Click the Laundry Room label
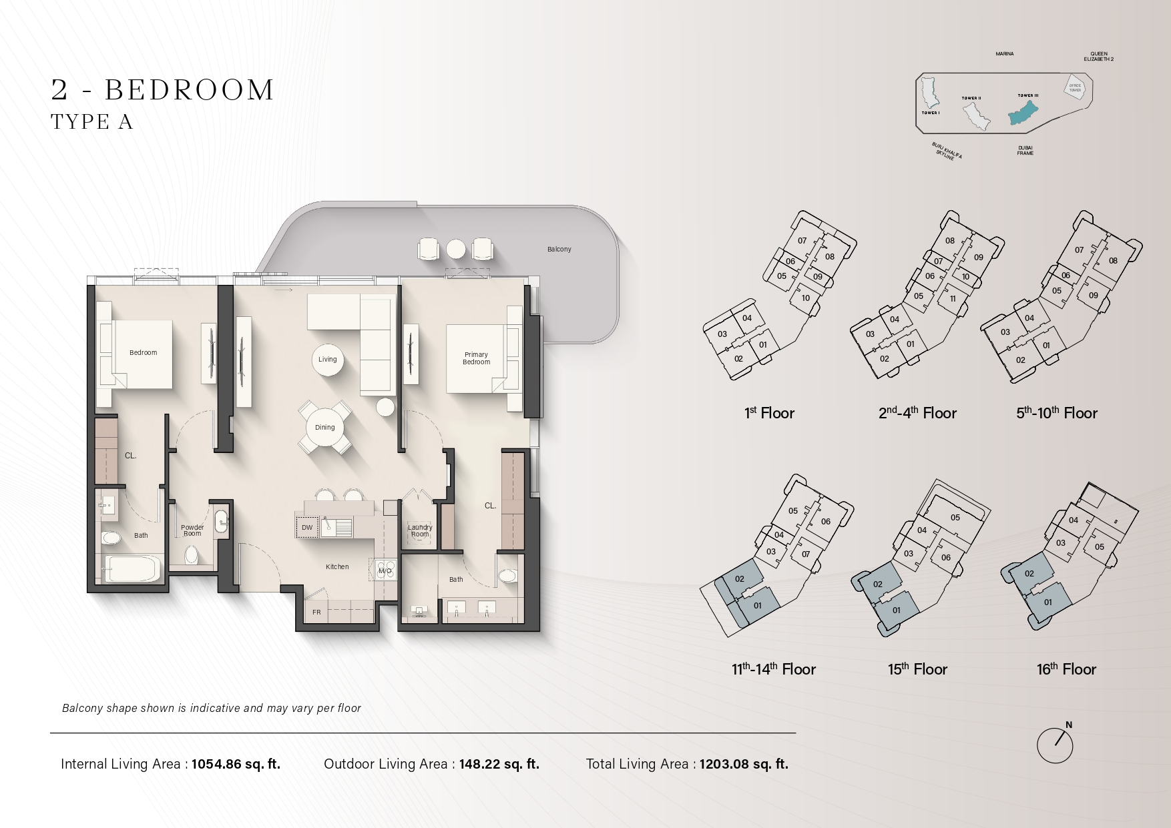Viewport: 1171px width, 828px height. point(420,530)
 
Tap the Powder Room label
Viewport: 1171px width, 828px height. point(192,530)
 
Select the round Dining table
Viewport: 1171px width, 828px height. point(325,428)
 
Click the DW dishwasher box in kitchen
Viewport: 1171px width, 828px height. point(307,527)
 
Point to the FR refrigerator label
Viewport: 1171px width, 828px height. point(316,612)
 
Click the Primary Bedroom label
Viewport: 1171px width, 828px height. point(476,358)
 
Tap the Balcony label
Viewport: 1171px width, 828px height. point(559,250)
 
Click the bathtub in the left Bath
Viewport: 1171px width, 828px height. point(133,569)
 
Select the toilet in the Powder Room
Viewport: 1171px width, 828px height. point(192,554)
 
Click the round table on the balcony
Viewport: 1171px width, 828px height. point(456,249)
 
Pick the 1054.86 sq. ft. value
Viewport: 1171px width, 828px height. point(236,765)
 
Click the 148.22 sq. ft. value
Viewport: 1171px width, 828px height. point(499,765)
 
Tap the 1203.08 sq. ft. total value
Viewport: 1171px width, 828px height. point(744,765)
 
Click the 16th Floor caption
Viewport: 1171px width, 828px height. point(1066,669)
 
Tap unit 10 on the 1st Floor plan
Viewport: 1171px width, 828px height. point(805,298)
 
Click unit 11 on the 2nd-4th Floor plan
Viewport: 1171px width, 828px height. point(953,299)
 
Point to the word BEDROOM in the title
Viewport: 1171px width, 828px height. point(190,90)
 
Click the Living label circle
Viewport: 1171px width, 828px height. point(327,360)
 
